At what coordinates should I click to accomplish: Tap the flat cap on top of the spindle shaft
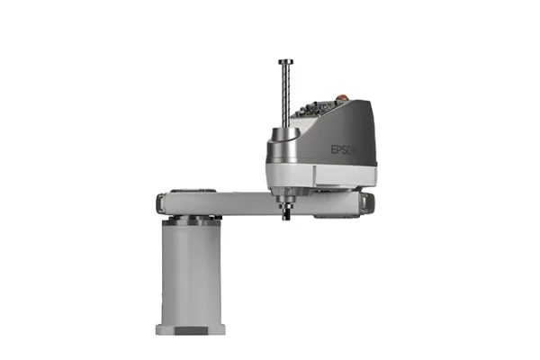click(284, 62)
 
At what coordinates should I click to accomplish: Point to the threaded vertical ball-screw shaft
click(284, 94)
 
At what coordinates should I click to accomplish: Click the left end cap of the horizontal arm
click(161, 202)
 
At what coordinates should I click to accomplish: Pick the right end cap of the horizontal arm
click(370, 202)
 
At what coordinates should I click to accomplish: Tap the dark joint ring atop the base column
click(190, 219)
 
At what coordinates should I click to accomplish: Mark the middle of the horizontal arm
click(243, 202)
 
